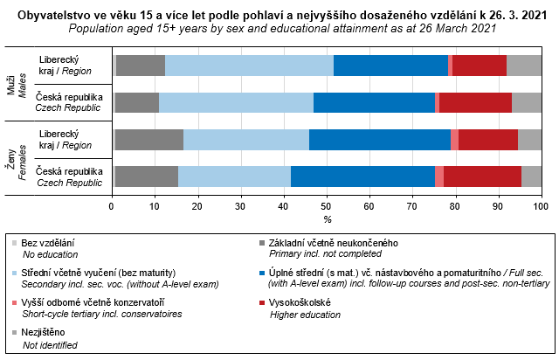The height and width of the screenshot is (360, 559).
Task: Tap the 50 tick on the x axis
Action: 327,206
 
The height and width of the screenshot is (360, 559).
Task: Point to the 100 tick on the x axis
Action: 541,206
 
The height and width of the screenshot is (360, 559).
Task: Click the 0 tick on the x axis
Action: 112,206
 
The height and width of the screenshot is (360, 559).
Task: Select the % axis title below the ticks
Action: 327,218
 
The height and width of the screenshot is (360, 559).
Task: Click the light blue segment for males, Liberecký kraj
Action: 249,65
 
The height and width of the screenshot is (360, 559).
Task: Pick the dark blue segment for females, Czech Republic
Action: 362,176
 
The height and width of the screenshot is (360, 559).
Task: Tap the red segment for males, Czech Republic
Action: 475,101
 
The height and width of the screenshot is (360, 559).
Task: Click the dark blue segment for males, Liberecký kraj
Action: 390,65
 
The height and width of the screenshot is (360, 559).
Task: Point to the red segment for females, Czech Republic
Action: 482,176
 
